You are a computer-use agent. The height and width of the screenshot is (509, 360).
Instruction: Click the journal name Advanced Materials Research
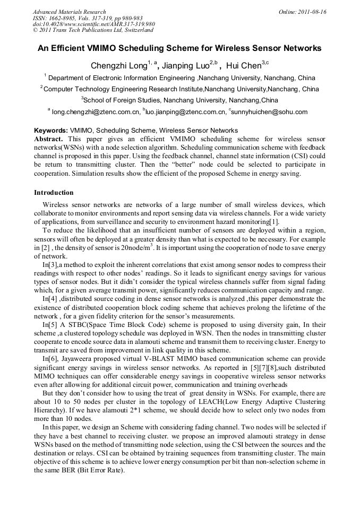tap(69, 12)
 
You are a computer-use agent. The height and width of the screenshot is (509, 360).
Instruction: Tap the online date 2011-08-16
tap(310, 12)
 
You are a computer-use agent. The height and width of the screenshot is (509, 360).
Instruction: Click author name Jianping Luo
tap(185, 66)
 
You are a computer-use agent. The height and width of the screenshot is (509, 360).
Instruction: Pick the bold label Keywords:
tap(51, 131)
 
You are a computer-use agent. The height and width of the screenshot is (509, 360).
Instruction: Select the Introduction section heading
tap(54, 192)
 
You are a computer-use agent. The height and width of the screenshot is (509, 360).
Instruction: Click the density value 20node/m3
tap(124, 248)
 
